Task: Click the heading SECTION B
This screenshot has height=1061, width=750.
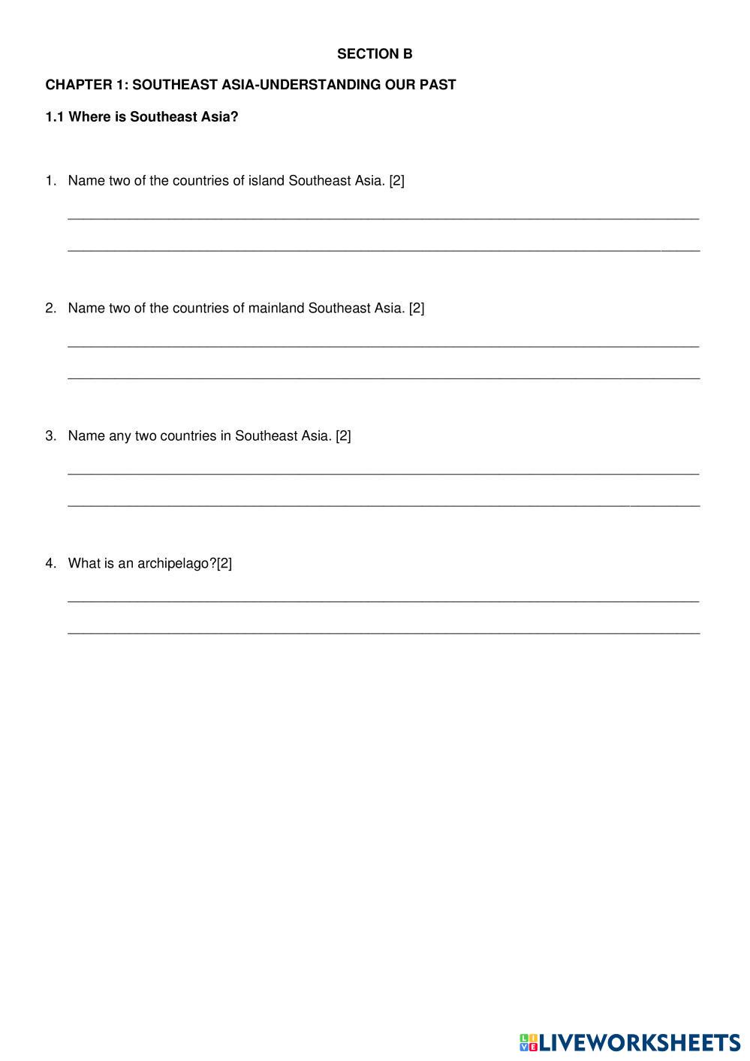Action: (375, 54)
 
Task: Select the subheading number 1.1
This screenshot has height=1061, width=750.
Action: (55, 117)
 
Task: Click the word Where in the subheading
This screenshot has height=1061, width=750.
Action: (89, 117)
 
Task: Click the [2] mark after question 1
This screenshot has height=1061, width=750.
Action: (396, 181)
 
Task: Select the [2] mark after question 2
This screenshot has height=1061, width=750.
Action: (417, 309)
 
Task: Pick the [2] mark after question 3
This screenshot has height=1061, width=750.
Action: (343, 436)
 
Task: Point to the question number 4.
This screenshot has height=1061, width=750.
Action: (50, 563)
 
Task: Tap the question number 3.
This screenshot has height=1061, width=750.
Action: (50, 436)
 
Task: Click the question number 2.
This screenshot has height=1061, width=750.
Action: (50, 308)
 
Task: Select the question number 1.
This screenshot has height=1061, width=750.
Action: (50, 180)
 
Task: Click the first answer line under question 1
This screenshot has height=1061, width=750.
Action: (383, 219)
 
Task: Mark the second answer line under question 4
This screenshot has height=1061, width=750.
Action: (383, 633)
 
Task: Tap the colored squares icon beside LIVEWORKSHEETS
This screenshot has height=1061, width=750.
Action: (529, 1043)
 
